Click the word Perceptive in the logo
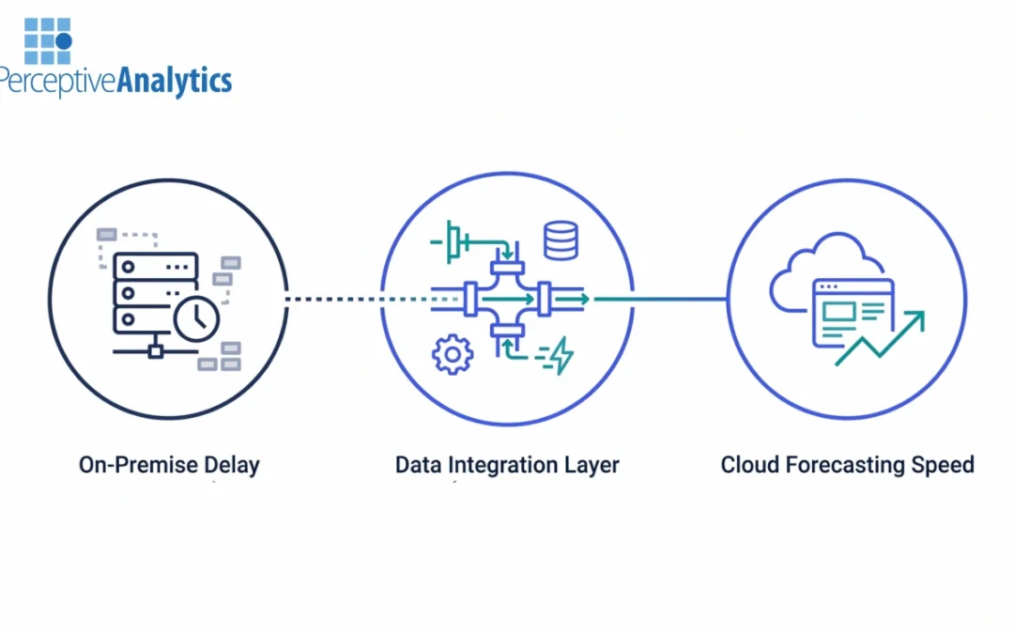coord(56,81)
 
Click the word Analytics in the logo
coord(174,81)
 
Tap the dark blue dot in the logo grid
coord(64,41)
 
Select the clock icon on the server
coord(196,317)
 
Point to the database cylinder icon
coord(561,240)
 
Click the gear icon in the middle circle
coord(452,354)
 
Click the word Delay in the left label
coord(231,464)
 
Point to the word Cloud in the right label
coord(748,464)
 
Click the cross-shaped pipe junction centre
coord(508,299)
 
